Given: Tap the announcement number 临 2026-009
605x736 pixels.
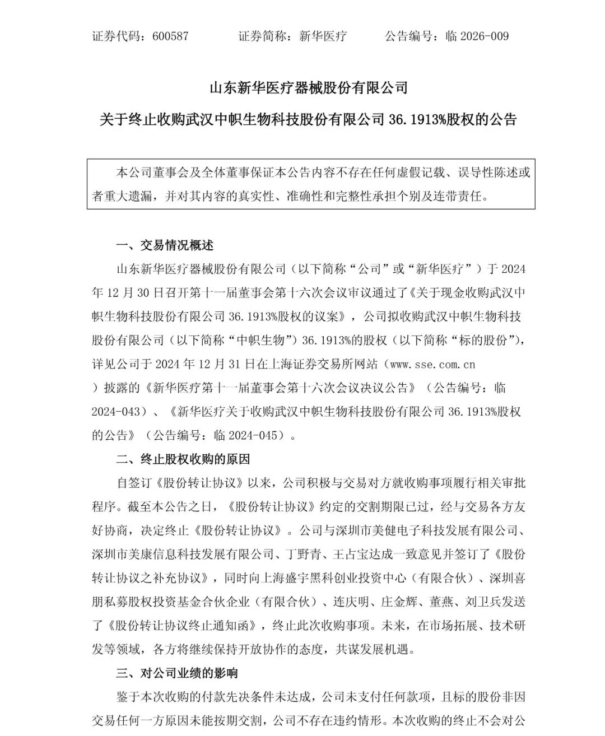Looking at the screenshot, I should coord(477,36).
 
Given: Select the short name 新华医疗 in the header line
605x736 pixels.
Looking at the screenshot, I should coord(323,36).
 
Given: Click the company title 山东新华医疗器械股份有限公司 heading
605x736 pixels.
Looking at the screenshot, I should coord(308,87).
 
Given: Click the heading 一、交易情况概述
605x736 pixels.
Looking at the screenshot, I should coord(164,245).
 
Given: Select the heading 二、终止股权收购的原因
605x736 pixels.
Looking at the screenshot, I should coord(183,459).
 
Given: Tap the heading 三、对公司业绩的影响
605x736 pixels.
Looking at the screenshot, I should coord(176,673).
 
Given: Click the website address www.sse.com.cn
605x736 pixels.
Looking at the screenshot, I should coord(432,364).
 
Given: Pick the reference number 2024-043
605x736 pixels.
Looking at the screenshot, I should coord(115,412).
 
